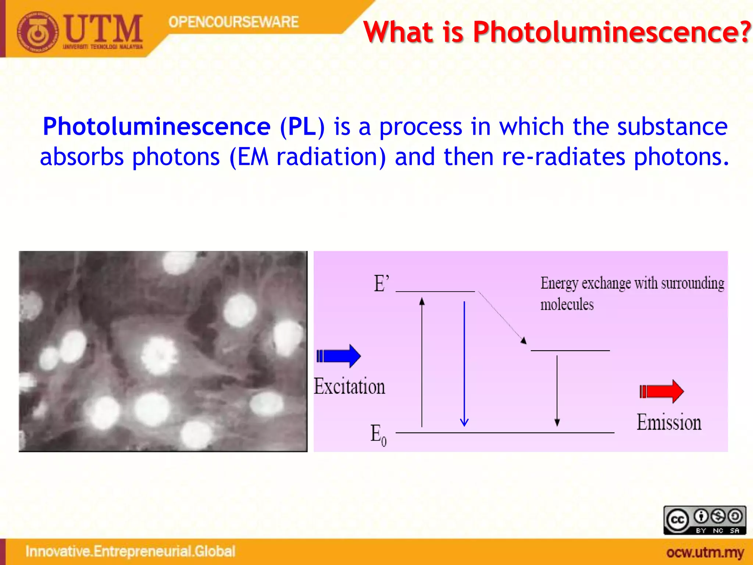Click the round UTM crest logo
click(x=37, y=32)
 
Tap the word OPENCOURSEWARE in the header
click(x=233, y=22)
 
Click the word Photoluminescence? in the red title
click(x=612, y=32)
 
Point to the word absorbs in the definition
click(x=82, y=157)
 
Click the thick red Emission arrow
click(x=661, y=391)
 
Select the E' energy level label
click(x=381, y=284)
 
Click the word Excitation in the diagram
click(x=349, y=387)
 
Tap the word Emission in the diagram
click(x=669, y=422)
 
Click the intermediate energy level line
click(x=570, y=351)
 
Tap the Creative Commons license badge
click(x=704, y=520)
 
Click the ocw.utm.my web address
click(x=705, y=552)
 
